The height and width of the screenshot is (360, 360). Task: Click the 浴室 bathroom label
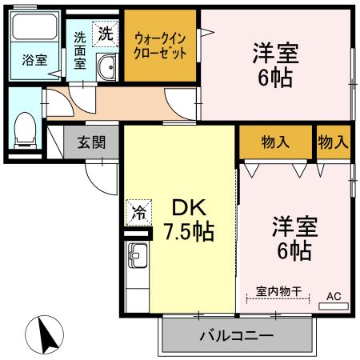coord(34,60)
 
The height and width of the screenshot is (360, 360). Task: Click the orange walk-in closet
coord(161,46)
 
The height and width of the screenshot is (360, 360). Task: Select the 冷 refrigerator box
coord(138,213)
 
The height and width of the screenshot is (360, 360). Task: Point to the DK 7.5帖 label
coord(189,221)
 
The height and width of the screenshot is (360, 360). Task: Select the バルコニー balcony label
coord(236,334)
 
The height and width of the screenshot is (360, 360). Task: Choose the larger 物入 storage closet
coord(274,142)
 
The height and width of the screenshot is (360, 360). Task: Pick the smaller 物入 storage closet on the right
coord(332,142)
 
